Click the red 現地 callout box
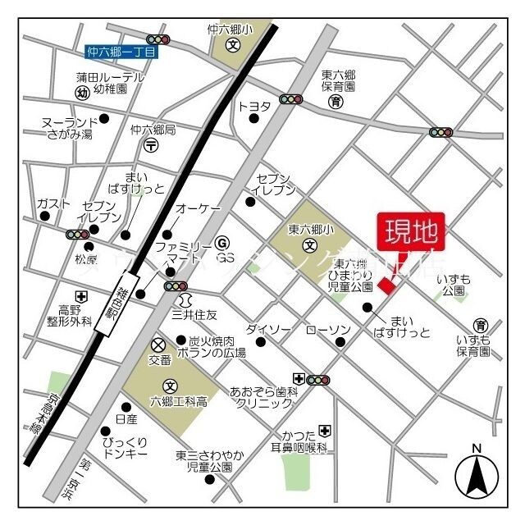pyautogui.click(x=411, y=231)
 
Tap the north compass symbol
pyautogui.click(x=475, y=474)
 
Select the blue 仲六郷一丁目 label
pyautogui.click(x=121, y=52)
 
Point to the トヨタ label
pyautogui.click(x=254, y=106)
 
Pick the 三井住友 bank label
pyautogui.click(x=194, y=313)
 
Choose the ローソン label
pyautogui.click(x=328, y=330)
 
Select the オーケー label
pyautogui.click(x=198, y=210)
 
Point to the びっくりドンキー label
pyautogui.click(x=125, y=448)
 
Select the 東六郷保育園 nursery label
pyautogui.click(x=337, y=80)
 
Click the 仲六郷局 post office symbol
pyautogui.click(x=151, y=145)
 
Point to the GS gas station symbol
pyautogui.click(x=221, y=244)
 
